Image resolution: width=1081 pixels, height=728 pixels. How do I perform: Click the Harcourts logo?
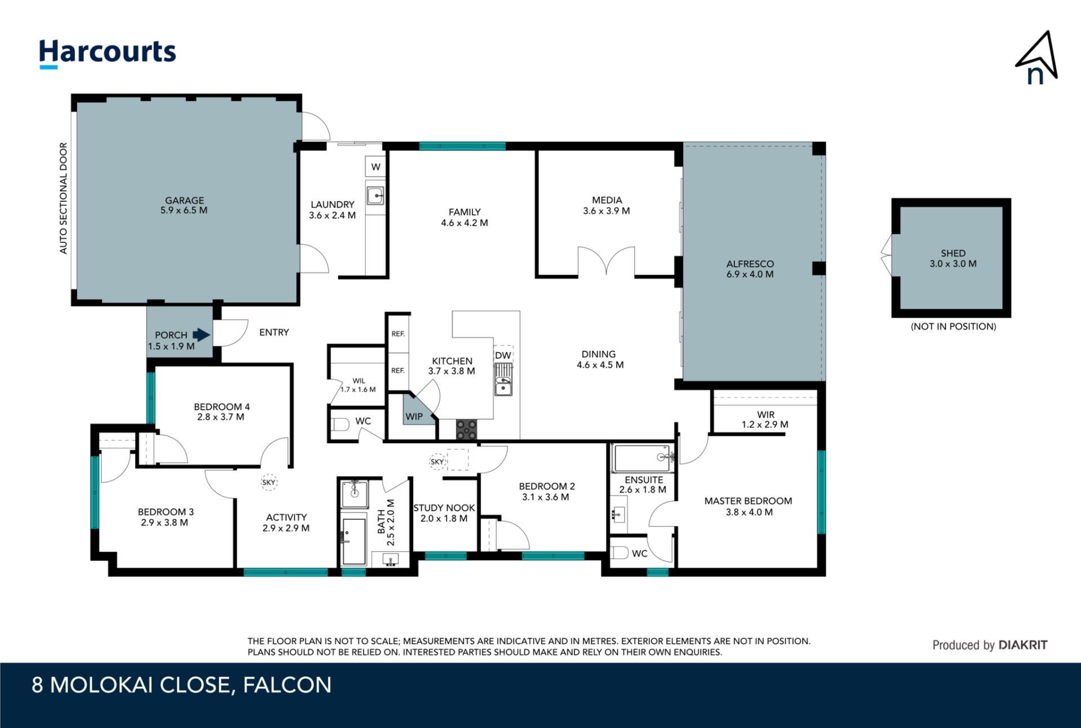pyautogui.click(x=107, y=53)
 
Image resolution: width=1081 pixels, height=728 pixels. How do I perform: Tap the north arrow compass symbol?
pyautogui.click(x=1037, y=59)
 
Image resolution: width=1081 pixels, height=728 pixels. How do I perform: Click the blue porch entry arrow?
pyautogui.click(x=201, y=335)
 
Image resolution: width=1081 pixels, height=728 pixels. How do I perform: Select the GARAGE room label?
pyautogui.click(x=184, y=200)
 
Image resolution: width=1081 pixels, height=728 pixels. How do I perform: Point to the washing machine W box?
pyautogui.click(x=376, y=167)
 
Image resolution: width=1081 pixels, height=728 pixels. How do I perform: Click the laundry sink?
pyautogui.click(x=376, y=196)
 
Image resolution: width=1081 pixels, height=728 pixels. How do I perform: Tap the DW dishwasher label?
pyautogui.click(x=503, y=355)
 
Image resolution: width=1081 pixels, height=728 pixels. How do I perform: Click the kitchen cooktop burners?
pyautogui.click(x=466, y=429)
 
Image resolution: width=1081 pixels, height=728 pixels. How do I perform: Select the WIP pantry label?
pyautogui.click(x=414, y=417)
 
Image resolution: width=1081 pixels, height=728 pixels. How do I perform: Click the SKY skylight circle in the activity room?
pyautogui.click(x=269, y=483)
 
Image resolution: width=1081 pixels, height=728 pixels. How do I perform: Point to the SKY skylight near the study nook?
pyautogui.click(x=437, y=462)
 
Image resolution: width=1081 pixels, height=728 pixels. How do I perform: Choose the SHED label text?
pyautogui.click(x=953, y=253)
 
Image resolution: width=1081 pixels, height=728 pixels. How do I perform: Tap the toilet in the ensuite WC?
pyautogui.click(x=619, y=553)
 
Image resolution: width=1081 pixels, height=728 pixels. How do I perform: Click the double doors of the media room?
pyautogui.click(x=606, y=261)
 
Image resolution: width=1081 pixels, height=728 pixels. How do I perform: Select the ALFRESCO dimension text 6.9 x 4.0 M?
pyautogui.click(x=750, y=274)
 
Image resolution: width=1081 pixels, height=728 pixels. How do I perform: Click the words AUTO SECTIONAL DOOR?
pyautogui.click(x=64, y=198)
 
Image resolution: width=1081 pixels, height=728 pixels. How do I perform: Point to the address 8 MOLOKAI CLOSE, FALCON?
pyautogui.click(x=181, y=685)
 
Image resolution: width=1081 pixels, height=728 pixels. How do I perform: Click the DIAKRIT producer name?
pyautogui.click(x=1023, y=645)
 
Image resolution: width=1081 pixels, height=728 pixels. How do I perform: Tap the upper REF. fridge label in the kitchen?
pyautogui.click(x=398, y=334)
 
